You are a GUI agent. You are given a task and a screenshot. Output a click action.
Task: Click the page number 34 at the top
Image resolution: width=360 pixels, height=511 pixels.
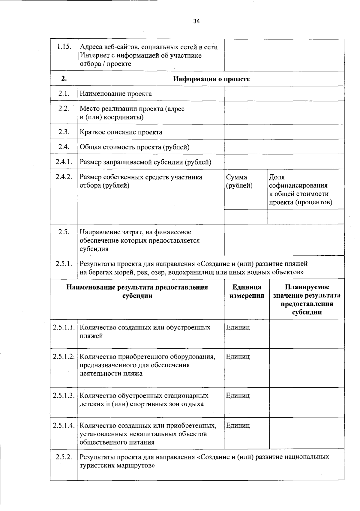coord(196,21)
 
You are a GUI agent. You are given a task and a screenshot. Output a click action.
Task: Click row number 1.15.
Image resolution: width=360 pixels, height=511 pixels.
coord(64,47)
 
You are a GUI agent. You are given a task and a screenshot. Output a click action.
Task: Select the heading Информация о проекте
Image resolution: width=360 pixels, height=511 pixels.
coord(211,79)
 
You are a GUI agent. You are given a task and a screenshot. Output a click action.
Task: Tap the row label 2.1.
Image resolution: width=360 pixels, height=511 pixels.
coord(64,93)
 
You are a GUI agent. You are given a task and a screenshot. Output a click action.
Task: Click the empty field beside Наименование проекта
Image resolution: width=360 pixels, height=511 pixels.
coord(284,94)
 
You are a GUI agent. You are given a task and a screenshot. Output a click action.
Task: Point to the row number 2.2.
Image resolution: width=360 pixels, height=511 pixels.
coord(64,109)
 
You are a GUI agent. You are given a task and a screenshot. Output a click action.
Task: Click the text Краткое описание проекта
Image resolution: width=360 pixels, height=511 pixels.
coord(121,132)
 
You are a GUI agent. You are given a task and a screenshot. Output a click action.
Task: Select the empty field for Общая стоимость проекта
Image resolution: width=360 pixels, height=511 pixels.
coord(284,147)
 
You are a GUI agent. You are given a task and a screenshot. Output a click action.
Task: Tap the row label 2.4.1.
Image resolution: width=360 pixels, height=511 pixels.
coord(64,162)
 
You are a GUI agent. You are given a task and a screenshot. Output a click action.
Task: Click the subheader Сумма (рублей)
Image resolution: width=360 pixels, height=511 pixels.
coord(239,181)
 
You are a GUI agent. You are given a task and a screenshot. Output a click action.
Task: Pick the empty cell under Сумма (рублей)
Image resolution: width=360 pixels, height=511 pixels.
coord(245,217)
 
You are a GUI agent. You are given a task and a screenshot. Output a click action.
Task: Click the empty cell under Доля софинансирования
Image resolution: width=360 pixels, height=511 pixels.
coord(305,217)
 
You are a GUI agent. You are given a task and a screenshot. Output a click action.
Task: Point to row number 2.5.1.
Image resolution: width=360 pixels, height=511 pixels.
coord(64,264)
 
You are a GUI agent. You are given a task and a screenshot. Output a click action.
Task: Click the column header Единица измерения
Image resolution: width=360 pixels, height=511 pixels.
coord(247,291)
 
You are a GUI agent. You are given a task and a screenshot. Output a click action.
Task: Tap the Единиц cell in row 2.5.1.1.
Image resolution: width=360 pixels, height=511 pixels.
coord(238,327)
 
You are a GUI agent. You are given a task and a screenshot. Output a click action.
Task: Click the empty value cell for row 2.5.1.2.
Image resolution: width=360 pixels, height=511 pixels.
coord(307,368)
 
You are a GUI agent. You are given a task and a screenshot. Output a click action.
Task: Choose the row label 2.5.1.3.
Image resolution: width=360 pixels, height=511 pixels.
coord(64,395)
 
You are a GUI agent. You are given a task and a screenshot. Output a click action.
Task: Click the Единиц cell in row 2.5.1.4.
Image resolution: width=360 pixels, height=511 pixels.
coord(238,425)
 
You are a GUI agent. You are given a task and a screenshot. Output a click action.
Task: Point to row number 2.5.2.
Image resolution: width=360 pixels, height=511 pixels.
coord(64,457)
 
